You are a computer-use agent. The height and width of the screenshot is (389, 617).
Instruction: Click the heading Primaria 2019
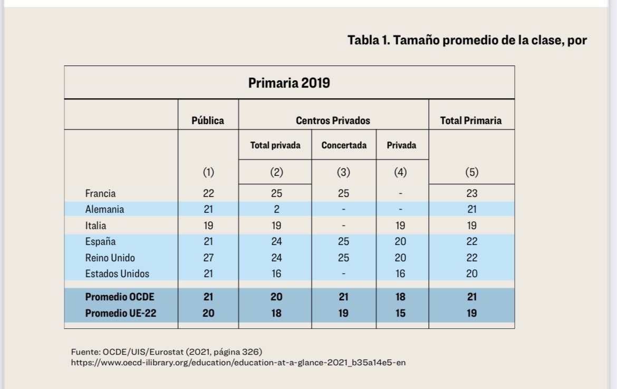click(x=289, y=83)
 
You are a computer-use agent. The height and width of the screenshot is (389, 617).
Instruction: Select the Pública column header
click(x=208, y=120)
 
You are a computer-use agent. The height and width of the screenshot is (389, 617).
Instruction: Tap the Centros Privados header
click(x=333, y=120)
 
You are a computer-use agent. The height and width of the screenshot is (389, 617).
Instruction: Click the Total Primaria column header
click(x=471, y=120)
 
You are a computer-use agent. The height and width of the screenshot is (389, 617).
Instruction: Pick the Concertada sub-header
click(x=344, y=145)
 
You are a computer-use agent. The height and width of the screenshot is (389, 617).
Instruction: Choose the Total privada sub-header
click(x=275, y=145)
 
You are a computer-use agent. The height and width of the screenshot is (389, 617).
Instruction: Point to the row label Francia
click(x=100, y=193)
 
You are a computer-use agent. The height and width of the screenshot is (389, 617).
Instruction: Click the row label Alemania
click(x=104, y=209)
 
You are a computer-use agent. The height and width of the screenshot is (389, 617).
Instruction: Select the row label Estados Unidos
click(x=117, y=273)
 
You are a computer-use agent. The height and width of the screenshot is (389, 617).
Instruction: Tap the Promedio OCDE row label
click(x=119, y=297)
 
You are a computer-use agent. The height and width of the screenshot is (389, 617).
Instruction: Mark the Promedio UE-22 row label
click(x=120, y=313)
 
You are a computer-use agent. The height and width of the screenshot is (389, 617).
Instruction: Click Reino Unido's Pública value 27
click(x=208, y=258)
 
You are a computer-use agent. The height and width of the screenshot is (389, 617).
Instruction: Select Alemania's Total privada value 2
click(x=276, y=209)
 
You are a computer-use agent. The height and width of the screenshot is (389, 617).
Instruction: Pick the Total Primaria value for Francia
click(x=471, y=193)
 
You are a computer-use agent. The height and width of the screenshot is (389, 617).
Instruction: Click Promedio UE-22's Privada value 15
click(x=401, y=313)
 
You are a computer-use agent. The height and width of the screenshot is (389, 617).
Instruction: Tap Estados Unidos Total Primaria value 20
click(x=471, y=273)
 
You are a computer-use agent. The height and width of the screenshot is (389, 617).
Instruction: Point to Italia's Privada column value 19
click(x=401, y=225)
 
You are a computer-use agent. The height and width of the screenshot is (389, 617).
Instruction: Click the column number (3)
click(x=344, y=172)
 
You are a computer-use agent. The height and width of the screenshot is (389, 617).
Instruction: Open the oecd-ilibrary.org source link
click(x=238, y=363)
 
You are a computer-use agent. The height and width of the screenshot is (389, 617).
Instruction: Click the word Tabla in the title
click(x=363, y=40)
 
